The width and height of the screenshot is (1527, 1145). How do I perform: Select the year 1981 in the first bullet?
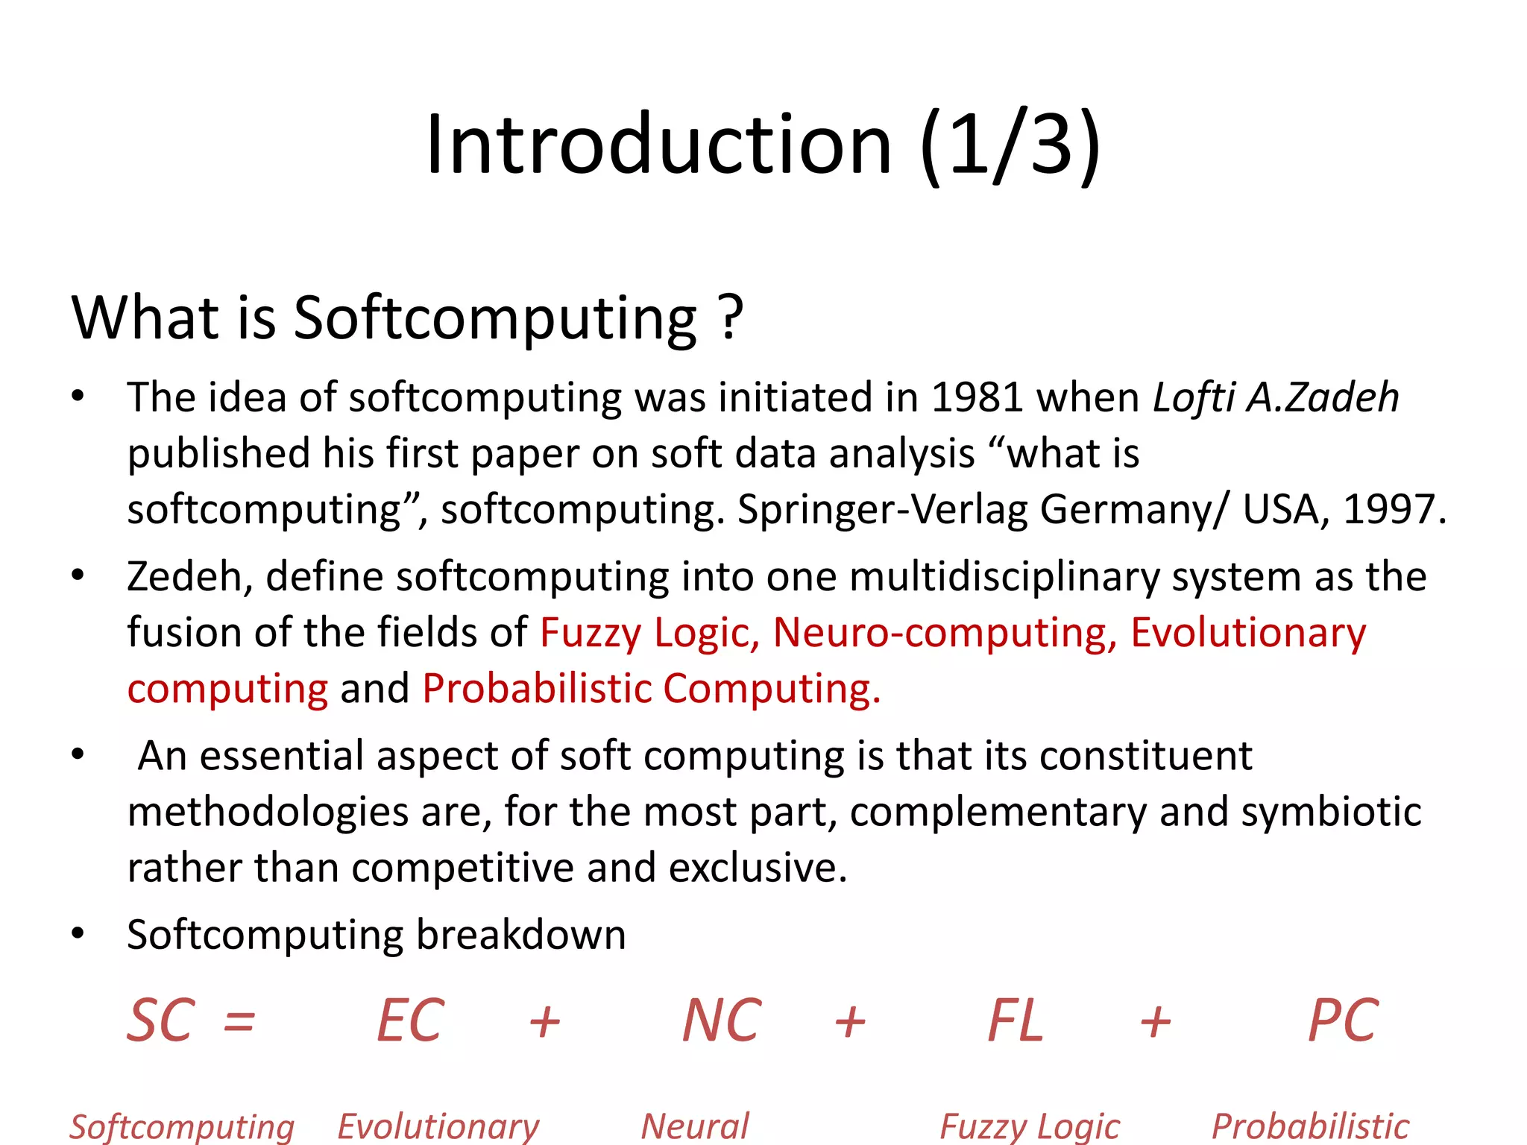977,397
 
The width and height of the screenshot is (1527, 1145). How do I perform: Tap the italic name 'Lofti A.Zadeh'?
1276,397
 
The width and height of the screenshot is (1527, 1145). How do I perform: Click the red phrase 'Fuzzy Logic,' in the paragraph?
649,633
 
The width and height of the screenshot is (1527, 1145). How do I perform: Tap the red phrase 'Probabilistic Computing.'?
651,689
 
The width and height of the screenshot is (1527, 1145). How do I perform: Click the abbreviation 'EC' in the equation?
410,1021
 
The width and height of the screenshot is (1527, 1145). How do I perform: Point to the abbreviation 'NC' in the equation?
722,1021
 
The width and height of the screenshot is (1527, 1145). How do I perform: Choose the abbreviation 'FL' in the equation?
1016,1021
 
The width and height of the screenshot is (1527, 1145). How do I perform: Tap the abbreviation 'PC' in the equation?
1343,1021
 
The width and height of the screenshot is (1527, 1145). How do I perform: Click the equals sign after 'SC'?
239,1022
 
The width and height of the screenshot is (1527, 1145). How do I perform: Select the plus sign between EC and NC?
544,1022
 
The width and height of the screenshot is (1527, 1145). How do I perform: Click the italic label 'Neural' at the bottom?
695,1126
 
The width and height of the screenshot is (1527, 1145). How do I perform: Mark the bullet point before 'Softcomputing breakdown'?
78,935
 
